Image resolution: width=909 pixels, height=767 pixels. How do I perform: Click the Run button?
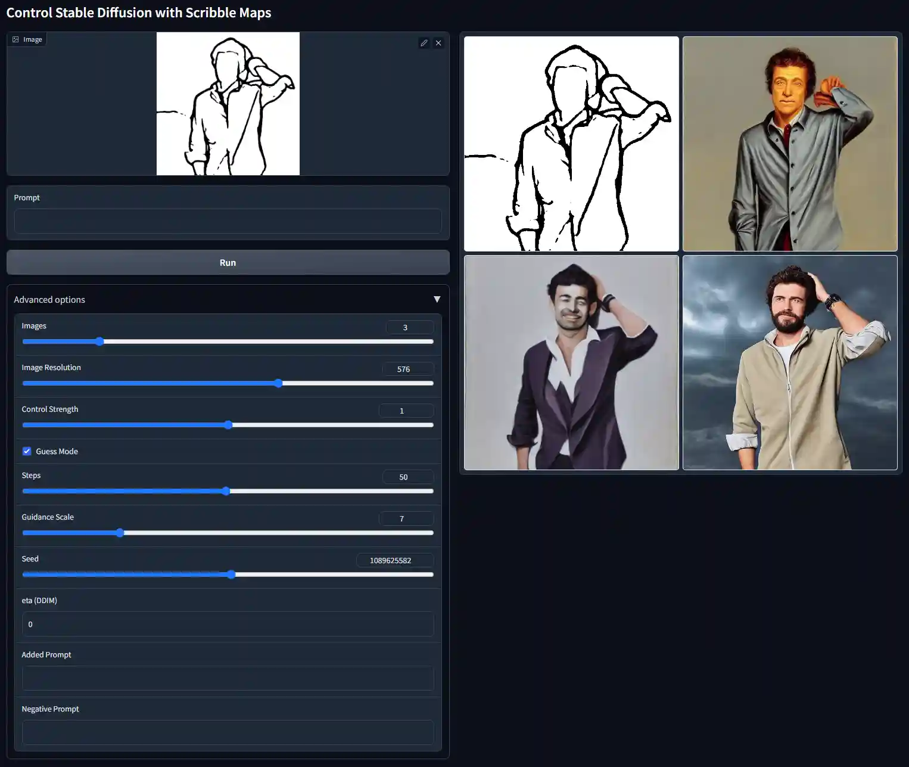[x=228, y=262]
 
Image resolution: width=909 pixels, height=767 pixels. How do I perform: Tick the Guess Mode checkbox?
[x=27, y=451]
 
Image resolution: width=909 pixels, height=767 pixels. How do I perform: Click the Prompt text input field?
[x=228, y=221]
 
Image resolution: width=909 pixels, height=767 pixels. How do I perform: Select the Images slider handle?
[x=99, y=341]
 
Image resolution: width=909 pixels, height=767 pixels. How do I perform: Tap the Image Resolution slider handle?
[x=279, y=383]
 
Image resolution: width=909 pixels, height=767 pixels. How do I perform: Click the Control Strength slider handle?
[x=229, y=425]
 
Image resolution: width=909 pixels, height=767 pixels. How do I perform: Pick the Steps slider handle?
[x=226, y=491]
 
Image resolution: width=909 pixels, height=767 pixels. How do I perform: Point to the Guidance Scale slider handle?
[x=120, y=533]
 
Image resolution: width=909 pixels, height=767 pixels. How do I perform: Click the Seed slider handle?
[x=232, y=575]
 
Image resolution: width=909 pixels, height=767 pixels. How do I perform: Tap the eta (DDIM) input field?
[x=228, y=624]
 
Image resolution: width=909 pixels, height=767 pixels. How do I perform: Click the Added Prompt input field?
[x=228, y=678]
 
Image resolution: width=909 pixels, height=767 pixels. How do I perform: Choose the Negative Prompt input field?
[x=228, y=732]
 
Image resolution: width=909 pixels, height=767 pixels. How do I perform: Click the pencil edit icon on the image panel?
[x=424, y=43]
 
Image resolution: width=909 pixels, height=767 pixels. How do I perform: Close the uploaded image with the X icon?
[x=438, y=43]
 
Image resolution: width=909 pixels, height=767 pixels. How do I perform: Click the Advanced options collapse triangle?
[x=437, y=299]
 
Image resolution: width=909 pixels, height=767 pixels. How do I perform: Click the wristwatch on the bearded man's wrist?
[x=832, y=302]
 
